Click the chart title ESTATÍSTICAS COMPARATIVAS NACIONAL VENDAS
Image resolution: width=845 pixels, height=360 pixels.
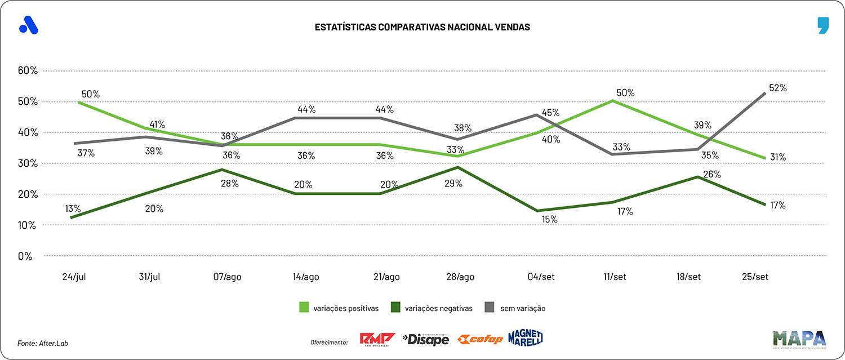click(422, 26)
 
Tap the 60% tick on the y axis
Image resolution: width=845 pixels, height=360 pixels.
click(28, 71)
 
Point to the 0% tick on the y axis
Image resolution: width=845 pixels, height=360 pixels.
click(25, 256)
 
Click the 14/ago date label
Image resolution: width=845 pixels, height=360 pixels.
click(306, 277)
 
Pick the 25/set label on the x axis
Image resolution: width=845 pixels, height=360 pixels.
click(755, 277)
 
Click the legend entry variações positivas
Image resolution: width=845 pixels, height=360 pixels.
click(345, 308)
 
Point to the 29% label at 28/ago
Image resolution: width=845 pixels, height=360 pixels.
click(453, 183)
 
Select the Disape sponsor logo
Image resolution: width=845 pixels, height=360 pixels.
click(425, 339)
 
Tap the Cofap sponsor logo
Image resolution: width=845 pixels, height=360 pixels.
click(480, 339)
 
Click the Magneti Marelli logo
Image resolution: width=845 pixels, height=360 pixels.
click(525, 338)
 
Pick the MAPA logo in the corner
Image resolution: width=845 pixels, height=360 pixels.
click(799, 338)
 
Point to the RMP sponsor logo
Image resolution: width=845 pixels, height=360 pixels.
click(377, 339)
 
